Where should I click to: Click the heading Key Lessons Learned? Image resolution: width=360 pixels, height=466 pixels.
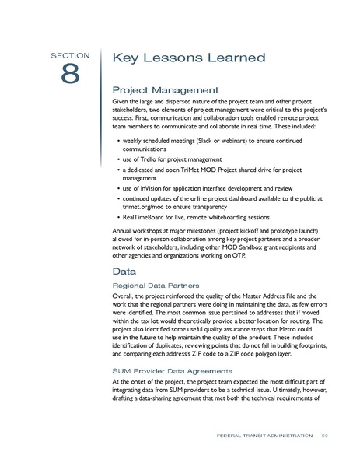click(189, 58)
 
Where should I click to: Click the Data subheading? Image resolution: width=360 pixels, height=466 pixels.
click(125, 272)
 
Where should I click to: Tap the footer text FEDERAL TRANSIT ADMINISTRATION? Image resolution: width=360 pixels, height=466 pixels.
click(264, 435)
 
